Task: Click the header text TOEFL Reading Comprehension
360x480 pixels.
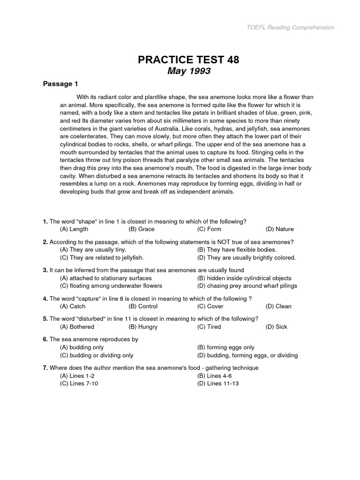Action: [290, 27]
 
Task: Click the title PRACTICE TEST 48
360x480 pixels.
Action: [188, 60]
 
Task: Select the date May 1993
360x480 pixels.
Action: [189, 71]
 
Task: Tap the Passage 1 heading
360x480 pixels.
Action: [60, 84]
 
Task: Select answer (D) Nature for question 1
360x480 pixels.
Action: [279, 229]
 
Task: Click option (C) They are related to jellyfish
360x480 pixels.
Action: [102, 257]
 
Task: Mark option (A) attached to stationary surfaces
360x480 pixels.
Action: [106, 278]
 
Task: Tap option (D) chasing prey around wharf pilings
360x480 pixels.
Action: [247, 285]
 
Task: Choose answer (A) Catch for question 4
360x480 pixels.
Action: [73, 306]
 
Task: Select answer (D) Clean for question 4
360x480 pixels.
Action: [278, 306]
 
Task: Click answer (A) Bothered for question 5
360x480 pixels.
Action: [77, 327]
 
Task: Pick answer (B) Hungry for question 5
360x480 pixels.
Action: [143, 327]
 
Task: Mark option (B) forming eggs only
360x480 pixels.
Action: [226, 347]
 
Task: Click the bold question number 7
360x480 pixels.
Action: [45, 368]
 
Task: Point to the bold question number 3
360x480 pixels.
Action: [45, 270]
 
